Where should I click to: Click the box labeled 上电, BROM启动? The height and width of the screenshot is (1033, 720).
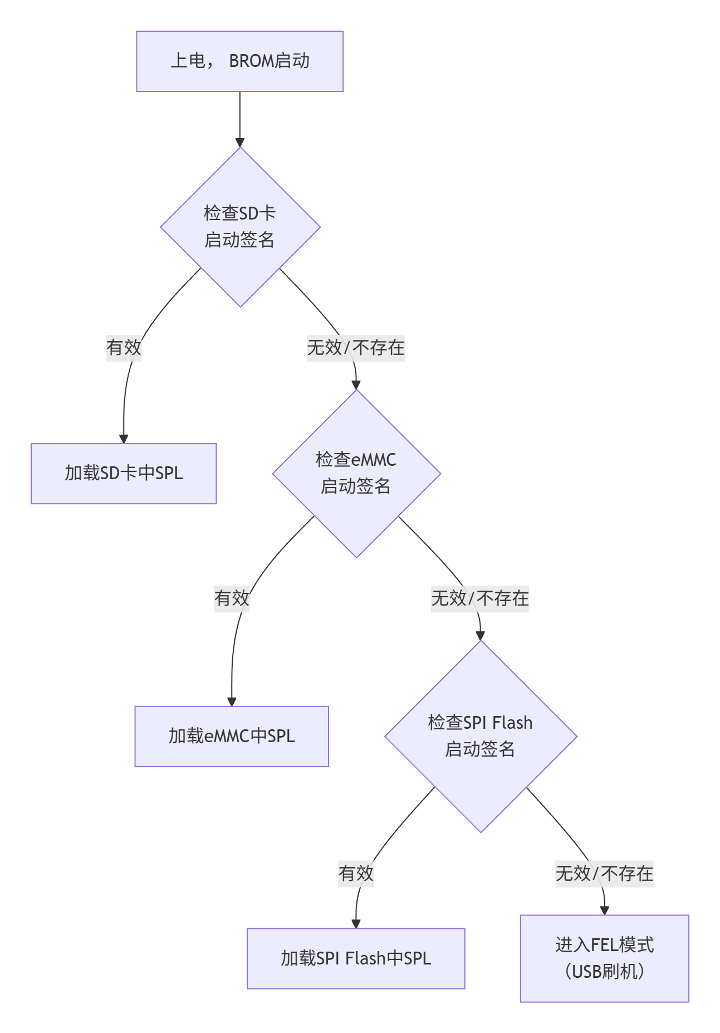tap(239, 61)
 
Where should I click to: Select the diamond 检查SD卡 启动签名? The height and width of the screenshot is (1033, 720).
tap(240, 227)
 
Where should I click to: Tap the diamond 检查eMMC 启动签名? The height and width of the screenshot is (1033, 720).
tap(356, 474)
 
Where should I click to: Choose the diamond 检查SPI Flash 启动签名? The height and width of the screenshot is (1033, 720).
tap(481, 736)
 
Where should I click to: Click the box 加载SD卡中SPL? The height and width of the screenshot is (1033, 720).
tap(124, 474)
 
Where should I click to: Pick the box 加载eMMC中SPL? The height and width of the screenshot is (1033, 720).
tap(232, 737)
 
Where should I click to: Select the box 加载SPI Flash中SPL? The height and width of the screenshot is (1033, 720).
tap(356, 958)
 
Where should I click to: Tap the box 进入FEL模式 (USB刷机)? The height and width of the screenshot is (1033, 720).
tap(604, 958)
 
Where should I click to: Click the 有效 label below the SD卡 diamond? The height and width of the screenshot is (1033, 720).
tap(124, 348)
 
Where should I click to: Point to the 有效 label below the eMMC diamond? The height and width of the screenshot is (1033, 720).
tap(232, 598)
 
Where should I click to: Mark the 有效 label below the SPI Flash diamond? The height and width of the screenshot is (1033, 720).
tap(356, 873)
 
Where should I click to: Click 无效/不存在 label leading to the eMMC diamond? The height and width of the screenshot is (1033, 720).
tap(356, 348)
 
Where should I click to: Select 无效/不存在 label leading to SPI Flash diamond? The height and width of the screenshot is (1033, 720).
tap(480, 598)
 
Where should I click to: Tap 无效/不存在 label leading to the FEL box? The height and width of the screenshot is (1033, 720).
tap(604, 873)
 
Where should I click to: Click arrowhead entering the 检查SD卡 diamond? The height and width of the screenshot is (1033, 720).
tap(240, 142)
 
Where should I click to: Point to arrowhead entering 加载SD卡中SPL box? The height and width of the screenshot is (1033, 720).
tap(124, 438)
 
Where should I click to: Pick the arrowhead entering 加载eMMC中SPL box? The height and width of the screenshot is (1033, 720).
tap(232, 701)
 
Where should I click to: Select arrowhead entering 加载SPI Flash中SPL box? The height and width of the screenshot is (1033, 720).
tap(356, 923)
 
